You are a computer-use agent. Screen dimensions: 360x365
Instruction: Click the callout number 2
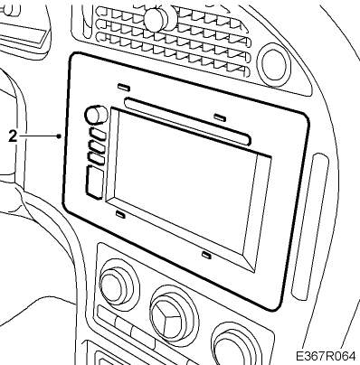click(13, 136)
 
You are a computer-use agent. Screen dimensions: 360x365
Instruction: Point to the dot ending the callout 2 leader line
click(59, 136)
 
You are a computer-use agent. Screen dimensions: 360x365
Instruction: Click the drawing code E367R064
click(326, 356)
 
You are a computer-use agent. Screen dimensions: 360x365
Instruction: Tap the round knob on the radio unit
click(96, 115)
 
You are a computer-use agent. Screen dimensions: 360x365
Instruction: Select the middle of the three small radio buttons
click(97, 146)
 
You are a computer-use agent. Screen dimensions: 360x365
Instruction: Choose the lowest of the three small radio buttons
click(96, 159)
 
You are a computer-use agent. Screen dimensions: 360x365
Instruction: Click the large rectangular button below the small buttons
click(94, 182)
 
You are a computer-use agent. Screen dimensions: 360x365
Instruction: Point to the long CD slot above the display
click(187, 121)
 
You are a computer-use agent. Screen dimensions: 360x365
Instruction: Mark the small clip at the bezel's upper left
click(124, 87)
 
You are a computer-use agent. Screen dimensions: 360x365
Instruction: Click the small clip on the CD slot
click(220, 117)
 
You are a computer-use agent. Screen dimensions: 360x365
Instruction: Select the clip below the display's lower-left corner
click(120, 214)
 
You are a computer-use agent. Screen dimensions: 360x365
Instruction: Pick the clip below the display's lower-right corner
click(206, 255)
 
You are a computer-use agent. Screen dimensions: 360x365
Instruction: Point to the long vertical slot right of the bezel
click(310, 227)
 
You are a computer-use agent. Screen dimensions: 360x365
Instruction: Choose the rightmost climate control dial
click(235, 346)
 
